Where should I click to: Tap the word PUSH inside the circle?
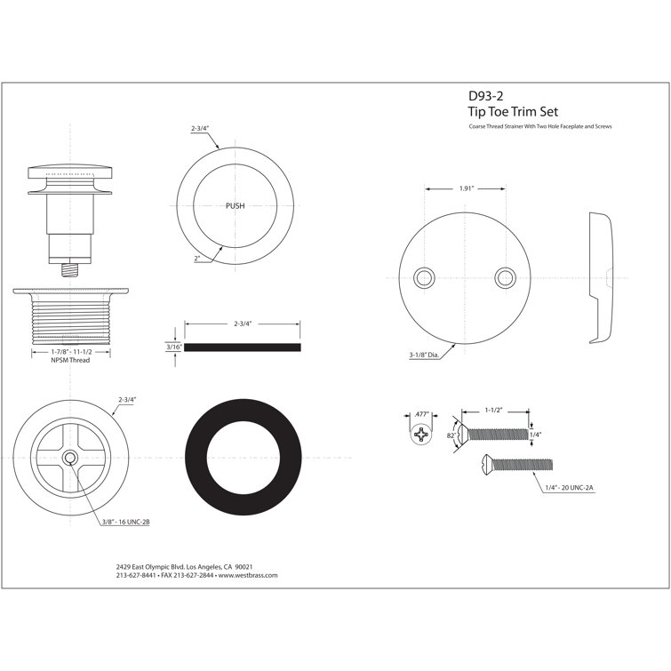tap(236, 205)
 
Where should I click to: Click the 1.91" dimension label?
tap(465, 188)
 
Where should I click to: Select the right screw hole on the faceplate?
tap(504, 276)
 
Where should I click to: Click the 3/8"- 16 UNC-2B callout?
tap(124, 522)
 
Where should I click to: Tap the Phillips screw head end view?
tap(423, 435)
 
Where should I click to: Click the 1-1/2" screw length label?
tap(496, 410)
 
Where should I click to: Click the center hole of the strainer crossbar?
tap(69, 457)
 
